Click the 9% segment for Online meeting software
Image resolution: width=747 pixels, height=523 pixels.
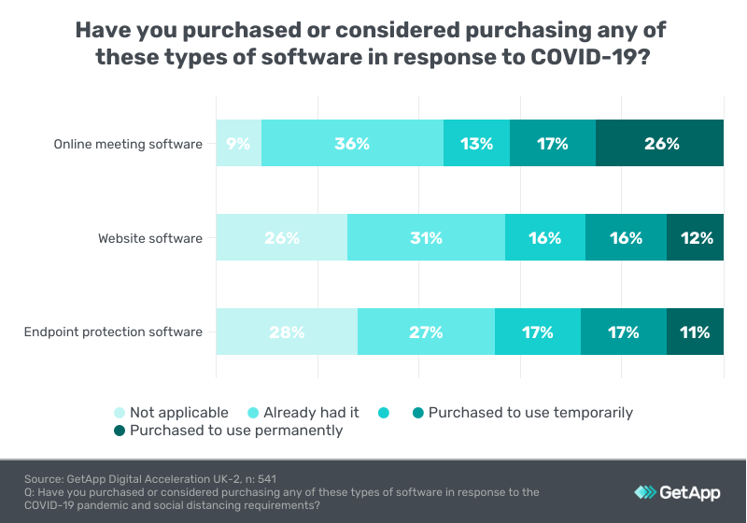238,144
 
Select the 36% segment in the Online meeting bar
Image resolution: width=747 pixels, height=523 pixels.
352,144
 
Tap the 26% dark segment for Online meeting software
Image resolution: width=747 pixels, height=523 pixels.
660,144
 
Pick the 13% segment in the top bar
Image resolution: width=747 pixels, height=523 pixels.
476,144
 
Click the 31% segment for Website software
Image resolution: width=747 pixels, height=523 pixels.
425,238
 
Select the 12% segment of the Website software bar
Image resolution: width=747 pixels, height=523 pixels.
696,238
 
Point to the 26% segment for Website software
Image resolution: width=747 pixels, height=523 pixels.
281,238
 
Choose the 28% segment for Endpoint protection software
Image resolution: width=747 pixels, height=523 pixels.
287,332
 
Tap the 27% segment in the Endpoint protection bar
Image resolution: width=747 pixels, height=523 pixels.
425,332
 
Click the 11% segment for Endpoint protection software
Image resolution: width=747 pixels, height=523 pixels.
696,332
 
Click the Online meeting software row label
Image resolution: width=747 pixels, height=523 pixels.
128,144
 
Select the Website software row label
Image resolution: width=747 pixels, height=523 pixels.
150,238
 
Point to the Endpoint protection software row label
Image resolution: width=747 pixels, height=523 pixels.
114,332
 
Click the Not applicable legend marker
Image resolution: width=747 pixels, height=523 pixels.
119,413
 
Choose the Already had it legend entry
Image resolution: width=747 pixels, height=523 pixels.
304,413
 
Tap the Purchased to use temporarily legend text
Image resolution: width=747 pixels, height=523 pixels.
530,413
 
